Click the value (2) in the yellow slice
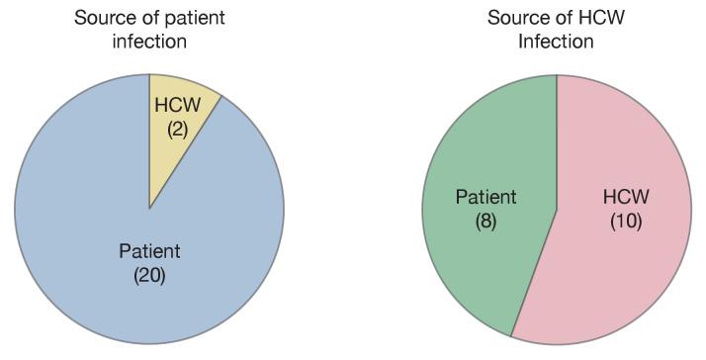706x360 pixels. coord(178,128)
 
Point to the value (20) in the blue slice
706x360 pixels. coord(149,274)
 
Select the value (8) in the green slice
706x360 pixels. coord(485,221)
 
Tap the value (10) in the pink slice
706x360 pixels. coord(626,221)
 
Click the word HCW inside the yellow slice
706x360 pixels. coord(178,106)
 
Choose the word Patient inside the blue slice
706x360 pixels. coord(149,251)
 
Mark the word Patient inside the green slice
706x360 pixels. coord(485,198)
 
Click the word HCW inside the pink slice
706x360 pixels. coord(626,198)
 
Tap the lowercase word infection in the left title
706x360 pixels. coord(149,42)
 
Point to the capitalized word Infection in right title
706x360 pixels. coord(556,42)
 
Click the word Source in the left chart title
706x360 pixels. coord(102,18)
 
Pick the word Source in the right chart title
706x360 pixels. coord(515,18)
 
